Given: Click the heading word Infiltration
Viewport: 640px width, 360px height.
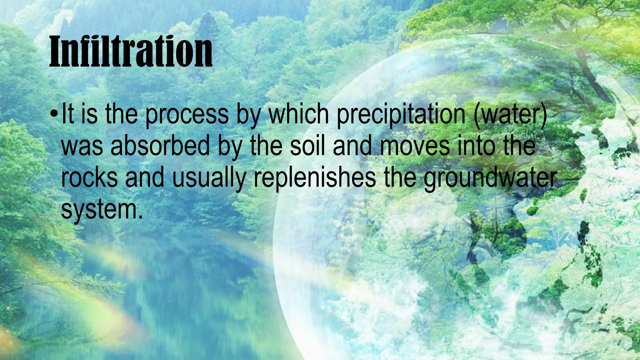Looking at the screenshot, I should tap(131, 52).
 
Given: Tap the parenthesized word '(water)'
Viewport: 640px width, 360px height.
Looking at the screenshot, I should tap(510, 114).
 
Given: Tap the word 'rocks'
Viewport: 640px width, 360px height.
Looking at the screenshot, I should tap(90, 178).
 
